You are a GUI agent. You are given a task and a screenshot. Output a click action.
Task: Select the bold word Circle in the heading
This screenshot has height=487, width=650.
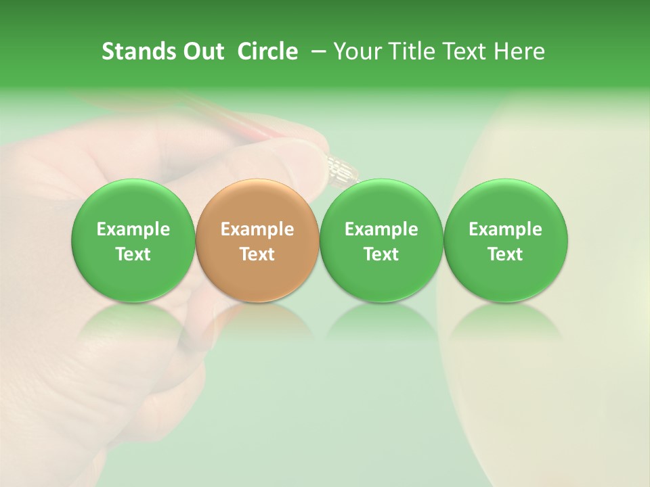(267, 52)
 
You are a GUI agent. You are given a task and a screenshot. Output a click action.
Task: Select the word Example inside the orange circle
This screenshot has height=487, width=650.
(257, 229)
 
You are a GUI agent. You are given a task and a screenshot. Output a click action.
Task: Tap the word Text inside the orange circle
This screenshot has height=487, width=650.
(257, 254)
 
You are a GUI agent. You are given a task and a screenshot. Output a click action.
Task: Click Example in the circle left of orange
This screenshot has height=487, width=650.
(133, 229)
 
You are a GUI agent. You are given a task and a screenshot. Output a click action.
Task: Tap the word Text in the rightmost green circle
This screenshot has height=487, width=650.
(506, 254)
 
